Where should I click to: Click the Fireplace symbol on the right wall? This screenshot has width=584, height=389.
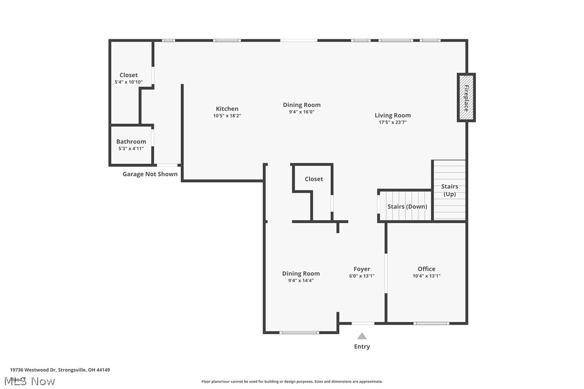coord(466,97)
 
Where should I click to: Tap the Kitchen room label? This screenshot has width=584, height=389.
coord(227,109)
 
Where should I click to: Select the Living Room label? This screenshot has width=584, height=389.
coord(393,115)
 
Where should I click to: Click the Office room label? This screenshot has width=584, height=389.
coord(426,269)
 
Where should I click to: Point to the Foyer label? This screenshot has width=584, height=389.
coord(362,269)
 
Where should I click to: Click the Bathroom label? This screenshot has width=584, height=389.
coord(131,141)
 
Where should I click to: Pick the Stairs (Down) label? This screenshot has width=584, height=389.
coord(408,206)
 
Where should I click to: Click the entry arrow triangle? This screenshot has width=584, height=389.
coord(362,336)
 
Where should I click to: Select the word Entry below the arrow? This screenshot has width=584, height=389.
coord(362,347)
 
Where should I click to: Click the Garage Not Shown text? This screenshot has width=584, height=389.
coord(150,174)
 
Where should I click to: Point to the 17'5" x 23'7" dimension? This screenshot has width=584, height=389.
coord(393,123)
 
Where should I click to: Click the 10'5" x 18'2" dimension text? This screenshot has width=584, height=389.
coord(227,116)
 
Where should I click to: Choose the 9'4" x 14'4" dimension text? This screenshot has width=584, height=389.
coord(301,280)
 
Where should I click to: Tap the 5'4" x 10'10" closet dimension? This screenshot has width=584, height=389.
coord(129,82)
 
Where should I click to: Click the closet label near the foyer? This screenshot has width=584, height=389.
coord(314,179)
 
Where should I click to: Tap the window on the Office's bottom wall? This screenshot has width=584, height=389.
coord(431,323)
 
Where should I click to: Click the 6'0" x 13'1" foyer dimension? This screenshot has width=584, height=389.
coord(362,276)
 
